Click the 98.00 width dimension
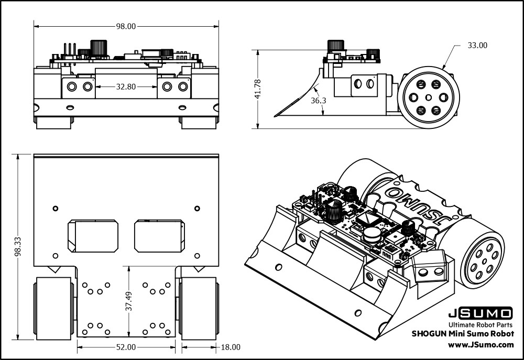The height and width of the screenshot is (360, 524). coord(126,26)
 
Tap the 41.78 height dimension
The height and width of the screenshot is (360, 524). coord(257,89)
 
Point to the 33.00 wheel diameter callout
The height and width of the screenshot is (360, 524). coord(477,46)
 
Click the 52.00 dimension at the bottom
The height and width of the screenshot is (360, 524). coord(126,347)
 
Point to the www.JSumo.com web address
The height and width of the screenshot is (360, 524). coord(481,344)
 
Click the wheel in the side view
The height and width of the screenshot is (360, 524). coord(428,97)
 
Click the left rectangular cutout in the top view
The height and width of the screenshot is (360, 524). coord(93,236)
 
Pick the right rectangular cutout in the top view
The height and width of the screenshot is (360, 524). coord(159,236)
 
